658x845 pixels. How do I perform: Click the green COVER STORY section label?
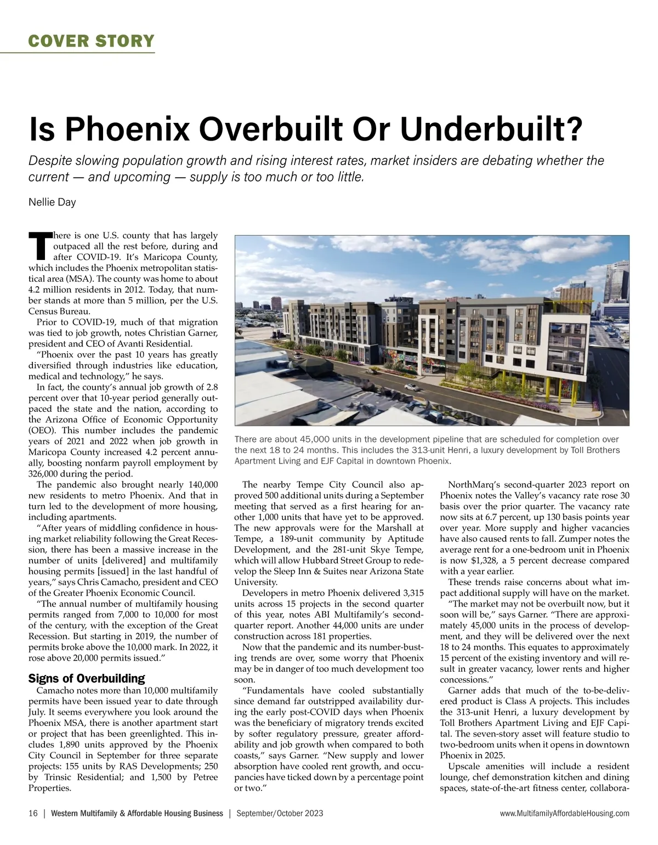(x=92, y=41)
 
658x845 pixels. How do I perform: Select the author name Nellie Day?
(x=52, y=202)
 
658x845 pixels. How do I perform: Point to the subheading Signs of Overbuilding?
(x=87, y=678)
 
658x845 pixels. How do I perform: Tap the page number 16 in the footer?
(x=33, y=813)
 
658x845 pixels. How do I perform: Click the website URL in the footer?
(x=564, y=813)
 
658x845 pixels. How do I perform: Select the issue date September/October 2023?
(x=280, y=813)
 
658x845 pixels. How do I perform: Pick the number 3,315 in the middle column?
(x=413, y=593)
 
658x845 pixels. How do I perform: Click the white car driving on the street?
(x=409, y=387)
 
